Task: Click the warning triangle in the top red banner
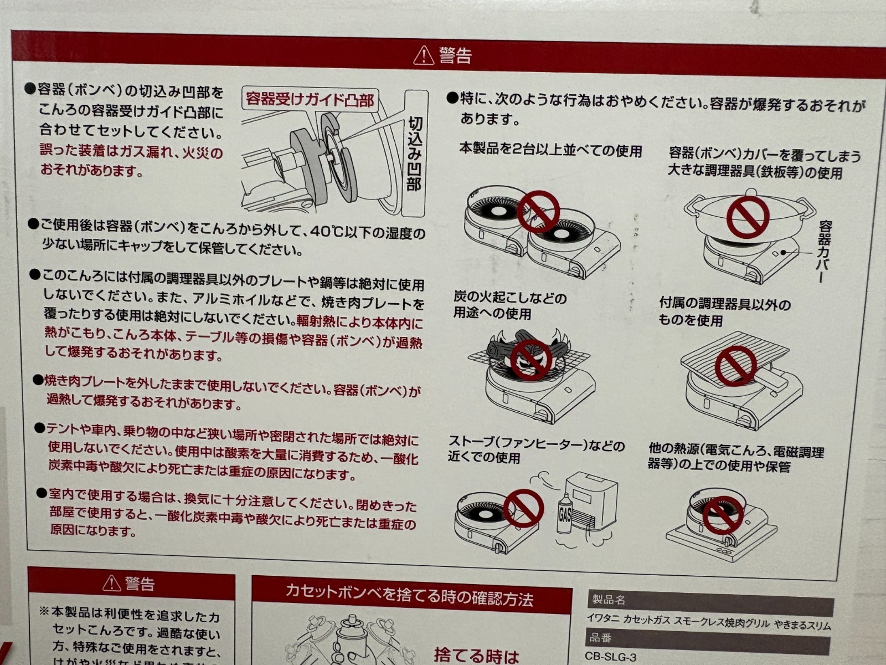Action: (424, 55)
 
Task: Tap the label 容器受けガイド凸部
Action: (310, 99)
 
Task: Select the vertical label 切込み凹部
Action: (415, 154)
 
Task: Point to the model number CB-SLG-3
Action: (610, 657)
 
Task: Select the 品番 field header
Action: (601, 638)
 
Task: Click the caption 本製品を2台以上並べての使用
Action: (550, 151)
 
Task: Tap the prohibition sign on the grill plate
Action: (736, 366)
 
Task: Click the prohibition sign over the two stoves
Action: (538, 212)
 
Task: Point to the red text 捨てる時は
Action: (476, 655)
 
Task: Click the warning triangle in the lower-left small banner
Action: (112, 583)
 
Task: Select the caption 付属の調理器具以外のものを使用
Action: (724, 312)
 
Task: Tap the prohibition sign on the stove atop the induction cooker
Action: (723, 515)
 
